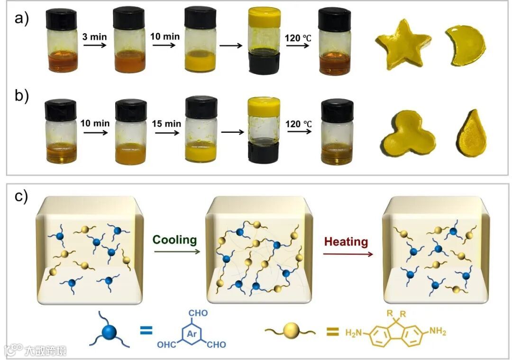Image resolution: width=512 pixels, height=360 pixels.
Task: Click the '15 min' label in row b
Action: point(165,124)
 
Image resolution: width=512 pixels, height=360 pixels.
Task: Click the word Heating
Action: point(346,242)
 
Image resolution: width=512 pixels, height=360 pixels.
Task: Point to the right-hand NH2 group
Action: point(437,332)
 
